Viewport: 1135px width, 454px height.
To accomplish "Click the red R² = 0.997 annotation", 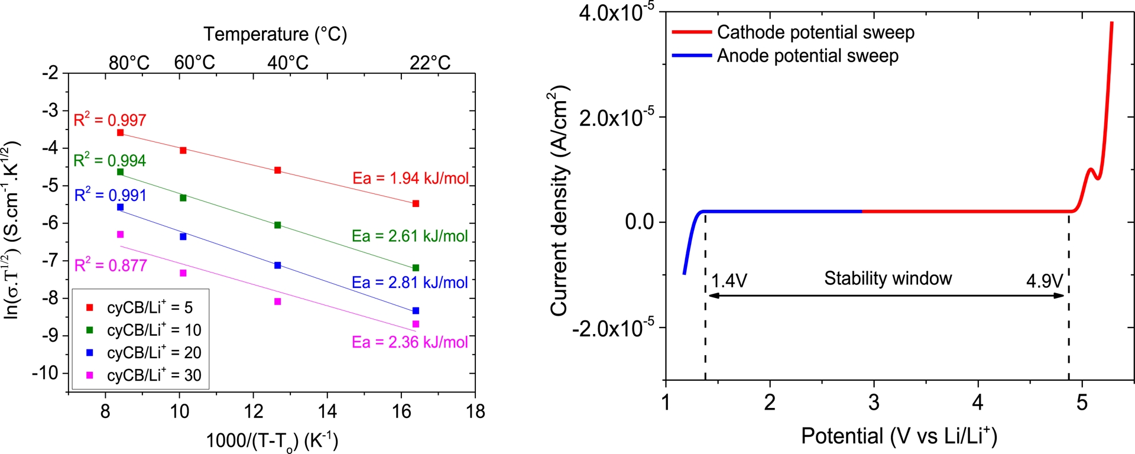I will [110, 120].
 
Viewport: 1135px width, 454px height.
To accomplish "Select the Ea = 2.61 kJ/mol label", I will [410, 236].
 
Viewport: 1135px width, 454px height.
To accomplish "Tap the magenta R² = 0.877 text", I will [111, 265].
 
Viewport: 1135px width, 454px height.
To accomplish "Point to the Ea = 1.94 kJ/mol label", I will [410, 178].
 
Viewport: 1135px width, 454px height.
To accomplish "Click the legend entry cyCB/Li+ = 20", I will [154, 353].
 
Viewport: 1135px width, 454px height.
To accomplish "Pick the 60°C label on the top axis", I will [194, 63].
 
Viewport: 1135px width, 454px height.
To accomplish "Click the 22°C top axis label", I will [430, 63].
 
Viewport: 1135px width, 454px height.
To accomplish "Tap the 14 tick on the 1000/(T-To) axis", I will [327, 411].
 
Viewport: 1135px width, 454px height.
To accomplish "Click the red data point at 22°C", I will [416, 203].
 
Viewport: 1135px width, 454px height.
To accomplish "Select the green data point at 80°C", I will [121, 172].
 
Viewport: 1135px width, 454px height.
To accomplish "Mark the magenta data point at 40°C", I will [278, 301].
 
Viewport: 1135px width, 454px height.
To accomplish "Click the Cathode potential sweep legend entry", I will [815, 33].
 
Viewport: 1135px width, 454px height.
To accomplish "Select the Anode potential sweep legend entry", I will [808, 56].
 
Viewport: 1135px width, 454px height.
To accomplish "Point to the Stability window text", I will [888, 278].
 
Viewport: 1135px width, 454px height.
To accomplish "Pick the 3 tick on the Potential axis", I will [874, 403].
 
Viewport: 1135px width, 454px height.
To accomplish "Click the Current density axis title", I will [559, 201].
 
